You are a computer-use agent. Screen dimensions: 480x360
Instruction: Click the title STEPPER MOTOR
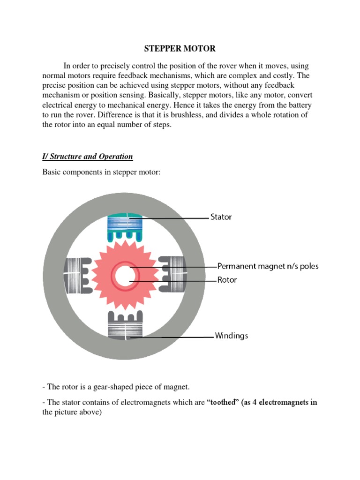pyautogui.click(x=180, y=49)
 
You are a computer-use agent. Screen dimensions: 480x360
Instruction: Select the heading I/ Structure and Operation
pyautogui.click(x=88, y=157)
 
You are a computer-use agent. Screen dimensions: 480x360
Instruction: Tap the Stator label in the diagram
pyautogui.click(x=220, y=217)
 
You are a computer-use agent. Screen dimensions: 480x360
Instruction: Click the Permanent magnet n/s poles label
pyautogui.click(x=268, y=266)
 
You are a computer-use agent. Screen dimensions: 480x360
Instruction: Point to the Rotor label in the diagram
pyautogui.click(x=227, y=280)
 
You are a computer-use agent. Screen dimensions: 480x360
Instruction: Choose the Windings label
pyautogui.click(x=231, y=336)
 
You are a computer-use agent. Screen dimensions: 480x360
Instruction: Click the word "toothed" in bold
pyautogui.click(x=223, y=403)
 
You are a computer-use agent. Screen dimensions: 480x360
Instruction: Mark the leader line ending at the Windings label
pyautogui.click(x=173, y=337)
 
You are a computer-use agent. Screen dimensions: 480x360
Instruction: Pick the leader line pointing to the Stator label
pyautogui.click(x=169, y=218)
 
